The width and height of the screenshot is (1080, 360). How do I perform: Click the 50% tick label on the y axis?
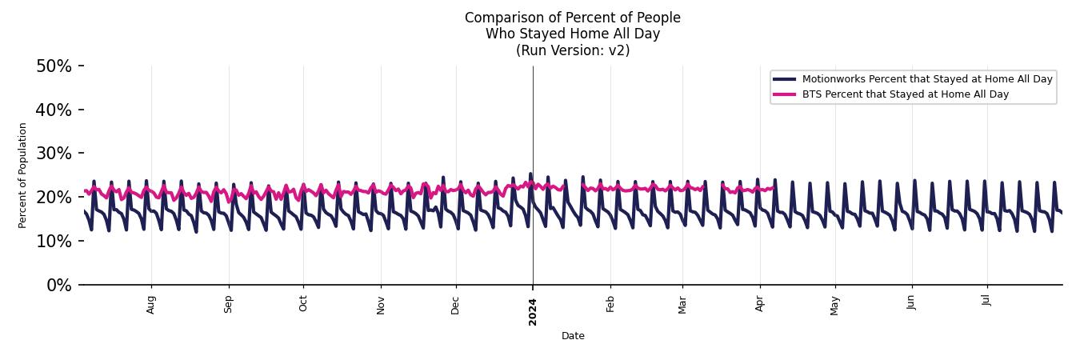(x=54, y=66)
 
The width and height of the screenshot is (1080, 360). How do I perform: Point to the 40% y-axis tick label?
(x=54, y=110)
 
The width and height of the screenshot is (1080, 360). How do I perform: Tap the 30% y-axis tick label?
(x=54, y=154)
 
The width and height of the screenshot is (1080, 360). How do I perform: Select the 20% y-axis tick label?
(x=54, y=198)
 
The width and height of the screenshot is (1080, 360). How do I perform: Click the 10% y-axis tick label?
(x=54, y=242)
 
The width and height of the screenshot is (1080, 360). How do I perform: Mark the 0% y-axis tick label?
(x=58, y=285)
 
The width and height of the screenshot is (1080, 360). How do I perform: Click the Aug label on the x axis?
(x=151, y=304)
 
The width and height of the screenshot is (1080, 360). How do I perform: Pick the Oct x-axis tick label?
(x=303, y=303)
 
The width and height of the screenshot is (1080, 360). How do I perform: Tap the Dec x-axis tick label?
(x=455, y=304)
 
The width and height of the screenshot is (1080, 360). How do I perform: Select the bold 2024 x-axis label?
(x=533, y=311)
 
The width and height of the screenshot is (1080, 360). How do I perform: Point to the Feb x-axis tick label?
(x=610, y=304)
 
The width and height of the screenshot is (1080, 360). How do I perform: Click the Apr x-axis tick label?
(x=759, y=303)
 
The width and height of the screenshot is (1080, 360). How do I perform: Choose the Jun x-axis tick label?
(x=911, y=303)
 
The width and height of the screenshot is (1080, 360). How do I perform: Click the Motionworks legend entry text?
(x=927, y=79)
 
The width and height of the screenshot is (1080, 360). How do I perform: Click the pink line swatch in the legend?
(x=785, y=94)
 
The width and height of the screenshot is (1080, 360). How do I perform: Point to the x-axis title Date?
(x=573, y=337)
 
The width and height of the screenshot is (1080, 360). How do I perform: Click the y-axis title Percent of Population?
(x=23, y=175)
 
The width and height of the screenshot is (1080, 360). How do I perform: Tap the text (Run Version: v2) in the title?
(x=573, y=50)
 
